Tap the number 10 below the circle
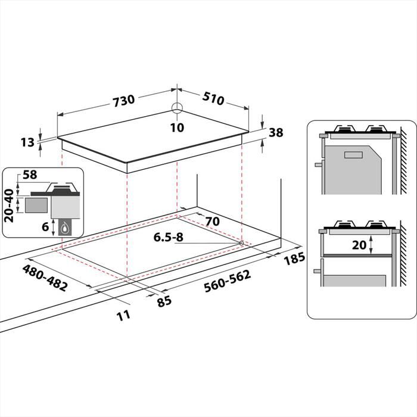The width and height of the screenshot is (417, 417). pyautogui.click(x=177, y=127)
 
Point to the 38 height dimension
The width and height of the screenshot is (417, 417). pyautogui.click(x=276, y=133)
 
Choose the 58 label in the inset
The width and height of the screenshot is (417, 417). pyautogui.click(x=29, y=175)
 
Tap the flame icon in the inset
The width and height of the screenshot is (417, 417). pyautogui.click(x=63, y=227)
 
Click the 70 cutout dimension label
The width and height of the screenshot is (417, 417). pyautogui.click(x=212, y=222)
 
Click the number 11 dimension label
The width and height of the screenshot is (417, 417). pyautogui.click(x=123, y=315)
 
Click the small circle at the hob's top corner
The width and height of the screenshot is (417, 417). pyautogui.click(x=177, y=108)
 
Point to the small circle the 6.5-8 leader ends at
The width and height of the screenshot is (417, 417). pyautogui.click(x=241, y=243)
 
